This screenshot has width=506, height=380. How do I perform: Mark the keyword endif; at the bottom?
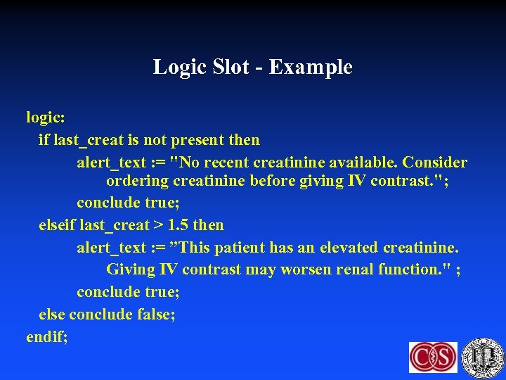47,336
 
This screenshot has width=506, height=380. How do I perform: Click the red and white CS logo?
433,357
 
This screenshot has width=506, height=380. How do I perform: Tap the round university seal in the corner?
484,357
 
